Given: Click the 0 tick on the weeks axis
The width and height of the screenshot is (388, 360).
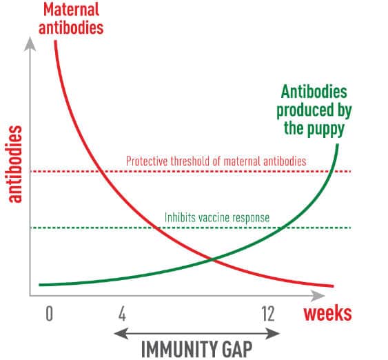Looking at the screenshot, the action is (x=50, y=314).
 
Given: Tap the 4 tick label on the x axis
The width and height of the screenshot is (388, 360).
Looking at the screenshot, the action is (x=122, y=314).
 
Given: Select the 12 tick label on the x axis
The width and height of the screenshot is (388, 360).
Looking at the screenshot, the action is (x=268, y=314).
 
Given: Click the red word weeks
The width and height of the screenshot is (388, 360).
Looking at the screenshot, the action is (x=327, y=314).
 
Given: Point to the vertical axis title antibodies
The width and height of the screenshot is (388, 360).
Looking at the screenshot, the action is (x=15, y=164).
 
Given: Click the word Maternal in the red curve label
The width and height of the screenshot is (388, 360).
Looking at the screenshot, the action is (x=71, y=10).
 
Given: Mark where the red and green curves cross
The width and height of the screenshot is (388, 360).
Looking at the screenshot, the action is (x=212, y=260).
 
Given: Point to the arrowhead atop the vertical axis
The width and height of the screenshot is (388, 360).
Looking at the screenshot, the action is (x=30, y=44).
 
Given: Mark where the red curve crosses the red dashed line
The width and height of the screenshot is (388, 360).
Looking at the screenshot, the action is (x=100, y=171).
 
